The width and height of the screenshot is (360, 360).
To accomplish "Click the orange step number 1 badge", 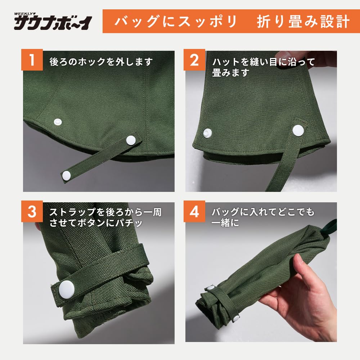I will pos(32,60).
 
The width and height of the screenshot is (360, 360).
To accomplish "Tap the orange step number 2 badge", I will pos(194,60).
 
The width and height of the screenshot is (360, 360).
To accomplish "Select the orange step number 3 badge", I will pos(32,211).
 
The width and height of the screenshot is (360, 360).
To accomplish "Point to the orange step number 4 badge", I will pos(194,211).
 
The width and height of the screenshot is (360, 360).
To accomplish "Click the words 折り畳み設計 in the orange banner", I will pos(303,22).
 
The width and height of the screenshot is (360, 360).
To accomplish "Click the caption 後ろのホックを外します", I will pos(101,62).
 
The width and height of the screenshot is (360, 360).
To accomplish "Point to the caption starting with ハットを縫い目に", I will pos(263,67).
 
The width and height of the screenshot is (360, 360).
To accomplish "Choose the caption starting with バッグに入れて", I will pos(263,217).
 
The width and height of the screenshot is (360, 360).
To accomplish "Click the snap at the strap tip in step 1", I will pos(67,175).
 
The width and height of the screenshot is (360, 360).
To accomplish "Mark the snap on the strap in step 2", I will pos(297,130).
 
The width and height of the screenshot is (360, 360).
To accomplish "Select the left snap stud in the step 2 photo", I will pos(208,133).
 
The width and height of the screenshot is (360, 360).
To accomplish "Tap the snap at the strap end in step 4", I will pos(236,318).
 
